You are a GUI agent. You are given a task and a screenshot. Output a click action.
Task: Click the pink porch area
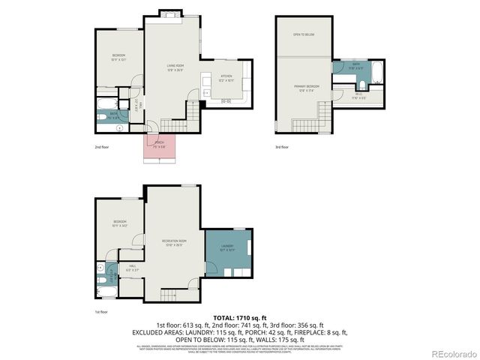[160, 147]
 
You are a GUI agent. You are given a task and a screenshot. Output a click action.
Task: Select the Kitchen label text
[226, 76]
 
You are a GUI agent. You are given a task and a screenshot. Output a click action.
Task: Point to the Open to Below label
[303, 34]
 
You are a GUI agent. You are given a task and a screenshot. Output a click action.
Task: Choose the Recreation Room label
[174, 241]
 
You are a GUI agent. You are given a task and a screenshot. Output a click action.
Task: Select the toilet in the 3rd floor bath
[339, 77]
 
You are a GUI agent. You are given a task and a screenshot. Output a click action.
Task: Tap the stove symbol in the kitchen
[226, 100]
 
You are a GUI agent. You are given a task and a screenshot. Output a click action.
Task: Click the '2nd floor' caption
[103, 147]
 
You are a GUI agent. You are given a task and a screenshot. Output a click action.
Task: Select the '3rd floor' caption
[281, 147]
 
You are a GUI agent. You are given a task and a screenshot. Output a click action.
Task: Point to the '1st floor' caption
[101, 311]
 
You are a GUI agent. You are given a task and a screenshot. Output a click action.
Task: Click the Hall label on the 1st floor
[132, 266]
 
